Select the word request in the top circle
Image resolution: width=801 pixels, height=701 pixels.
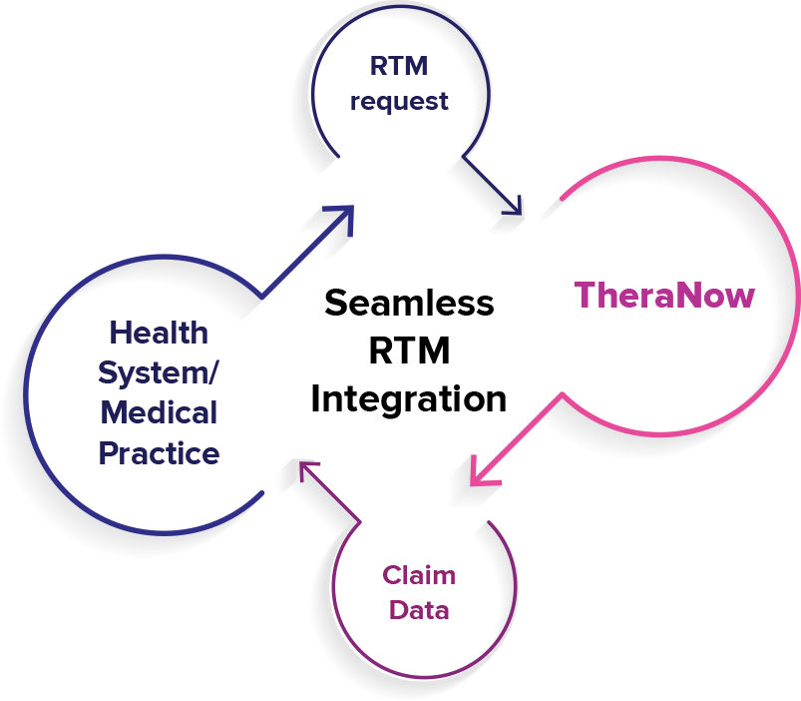click(x=400, y=102)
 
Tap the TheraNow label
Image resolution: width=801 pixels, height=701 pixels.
click(x=664, y=296)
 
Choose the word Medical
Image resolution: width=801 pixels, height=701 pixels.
click(x=160, y=411)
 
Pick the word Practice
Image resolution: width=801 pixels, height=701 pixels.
click(x=160, y=453)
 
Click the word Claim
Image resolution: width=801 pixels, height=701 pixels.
click(x=419, y=576)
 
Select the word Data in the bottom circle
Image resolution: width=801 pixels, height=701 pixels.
click(x=419, y=609)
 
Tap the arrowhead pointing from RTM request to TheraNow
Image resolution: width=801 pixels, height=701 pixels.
click(x=512, y=207)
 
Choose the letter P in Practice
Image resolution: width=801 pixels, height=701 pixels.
click(x=109, y=453)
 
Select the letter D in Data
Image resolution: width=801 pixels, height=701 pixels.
click(x=397, y=609)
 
